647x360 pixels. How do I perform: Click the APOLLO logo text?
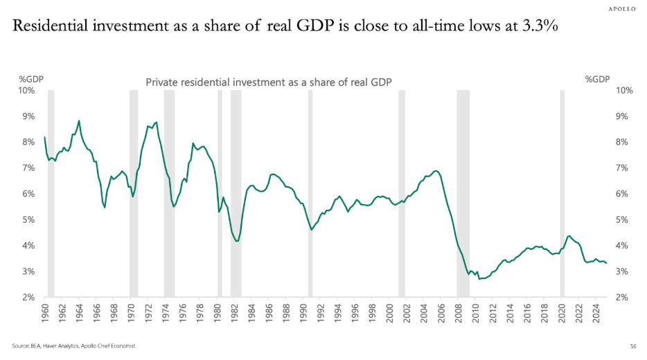tap(623, 9)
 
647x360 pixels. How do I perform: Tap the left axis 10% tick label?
tap(26, 90)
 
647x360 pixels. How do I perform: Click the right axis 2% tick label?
tap(623, 298)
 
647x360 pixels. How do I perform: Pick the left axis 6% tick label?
tap(28, 194)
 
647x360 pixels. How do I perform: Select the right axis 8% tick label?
tap(623, 142)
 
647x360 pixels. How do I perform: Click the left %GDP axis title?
tap(30, 79)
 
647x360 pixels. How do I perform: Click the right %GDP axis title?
tap(597, 79)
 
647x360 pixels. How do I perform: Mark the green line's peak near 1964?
tap(79, 120)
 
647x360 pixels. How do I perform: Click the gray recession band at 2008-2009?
tap(463, 194)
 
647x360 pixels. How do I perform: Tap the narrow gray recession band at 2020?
tap(562, 194)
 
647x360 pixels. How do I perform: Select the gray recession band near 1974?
tap(169, 194)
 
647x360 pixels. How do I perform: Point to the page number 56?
tap(633, 345)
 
